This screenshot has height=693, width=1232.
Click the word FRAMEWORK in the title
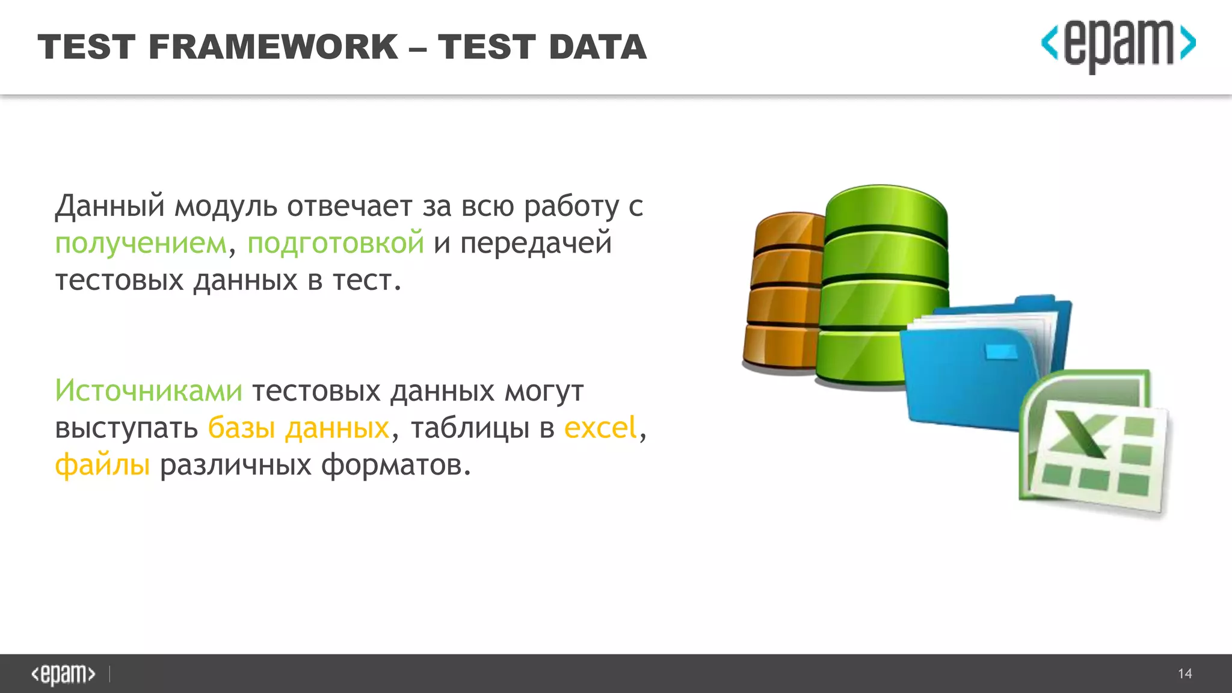point(273,47)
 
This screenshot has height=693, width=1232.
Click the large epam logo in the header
point(1118,46)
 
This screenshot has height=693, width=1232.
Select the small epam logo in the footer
point(63,674)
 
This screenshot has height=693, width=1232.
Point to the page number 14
point(1184,674)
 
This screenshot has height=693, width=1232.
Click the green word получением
point(141,243)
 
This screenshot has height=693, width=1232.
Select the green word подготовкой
point(336,243)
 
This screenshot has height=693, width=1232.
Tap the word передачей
point(536,243)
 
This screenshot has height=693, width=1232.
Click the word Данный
point(109,206)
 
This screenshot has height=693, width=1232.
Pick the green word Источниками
point(149,391)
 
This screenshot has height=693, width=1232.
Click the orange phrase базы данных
point(299,428)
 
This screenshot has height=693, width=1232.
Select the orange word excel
point(600,428)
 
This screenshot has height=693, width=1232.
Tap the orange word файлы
point(102,465)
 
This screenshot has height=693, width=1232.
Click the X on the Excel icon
point(1083,434)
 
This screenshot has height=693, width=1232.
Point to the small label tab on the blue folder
point(1001,352)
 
